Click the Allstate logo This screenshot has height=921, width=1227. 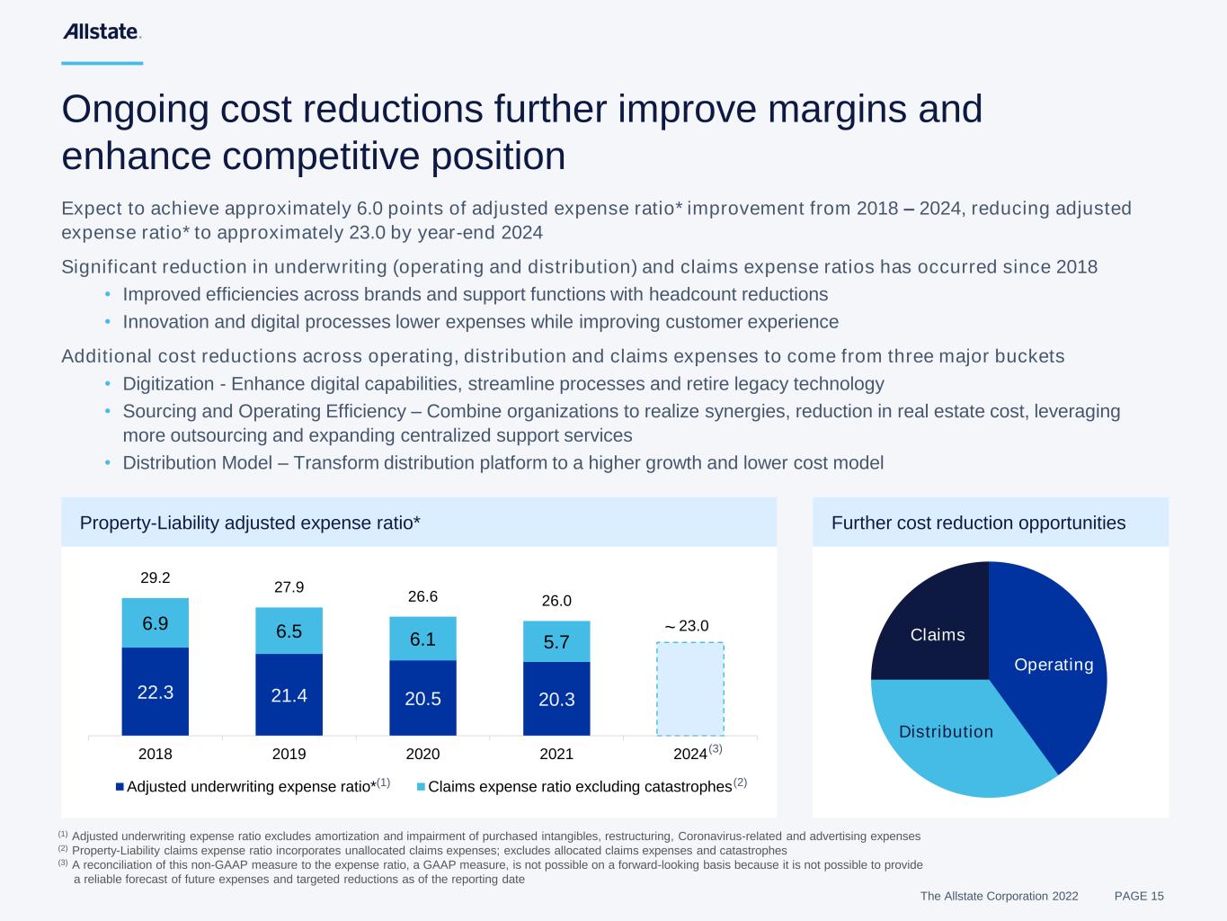(101, 32)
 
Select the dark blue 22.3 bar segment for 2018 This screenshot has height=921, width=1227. (156, 692)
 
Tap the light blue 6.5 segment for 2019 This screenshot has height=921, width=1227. (289, 630)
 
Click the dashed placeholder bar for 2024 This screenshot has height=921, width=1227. (689, 689)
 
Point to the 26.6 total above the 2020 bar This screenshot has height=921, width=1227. (422, 596)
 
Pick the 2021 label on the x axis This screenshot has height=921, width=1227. (556, 754)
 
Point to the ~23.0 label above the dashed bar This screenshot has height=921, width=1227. (687, 626)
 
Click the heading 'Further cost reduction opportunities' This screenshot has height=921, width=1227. (978, 523)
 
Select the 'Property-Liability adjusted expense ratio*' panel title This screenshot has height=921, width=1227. (250, 523)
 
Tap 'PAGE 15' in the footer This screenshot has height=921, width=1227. (1139, 896)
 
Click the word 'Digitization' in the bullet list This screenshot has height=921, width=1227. (167, 384)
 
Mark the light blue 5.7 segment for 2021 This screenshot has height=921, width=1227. (556, 642)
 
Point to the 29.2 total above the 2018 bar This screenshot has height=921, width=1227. (156, 577)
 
